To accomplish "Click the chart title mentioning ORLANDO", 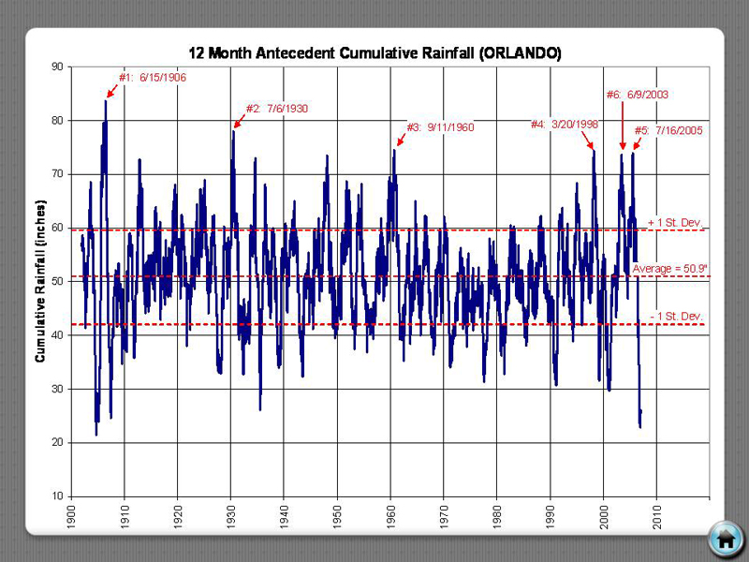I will (374, 53).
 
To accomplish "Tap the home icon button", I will (726, 538).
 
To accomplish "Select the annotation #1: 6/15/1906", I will (152, 78).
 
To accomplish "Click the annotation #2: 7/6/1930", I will (276, 109).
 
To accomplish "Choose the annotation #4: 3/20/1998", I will (565, 124).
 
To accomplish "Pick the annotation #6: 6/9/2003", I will (637, 95).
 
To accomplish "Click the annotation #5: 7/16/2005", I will (668, 130).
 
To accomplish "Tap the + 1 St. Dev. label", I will (675, 223).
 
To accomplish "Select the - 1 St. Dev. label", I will (676, 317).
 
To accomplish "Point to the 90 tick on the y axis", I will (57, 67).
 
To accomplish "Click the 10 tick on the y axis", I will (57, 495).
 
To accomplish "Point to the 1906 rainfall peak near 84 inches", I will (106, 101).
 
